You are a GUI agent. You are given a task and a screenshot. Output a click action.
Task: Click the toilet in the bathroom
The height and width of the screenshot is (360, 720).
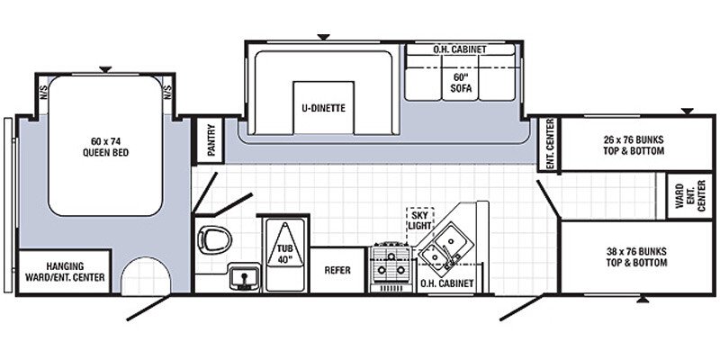[214, 238]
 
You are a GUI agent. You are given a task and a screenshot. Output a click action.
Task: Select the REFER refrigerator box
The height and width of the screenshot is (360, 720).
[337, 269]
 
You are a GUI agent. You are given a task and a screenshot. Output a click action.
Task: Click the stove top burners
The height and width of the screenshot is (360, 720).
[392, 261]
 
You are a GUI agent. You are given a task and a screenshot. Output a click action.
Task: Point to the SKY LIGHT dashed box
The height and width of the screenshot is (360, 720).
[420, 218]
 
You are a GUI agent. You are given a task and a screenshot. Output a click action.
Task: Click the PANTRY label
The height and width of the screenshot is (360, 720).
[211, 141]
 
